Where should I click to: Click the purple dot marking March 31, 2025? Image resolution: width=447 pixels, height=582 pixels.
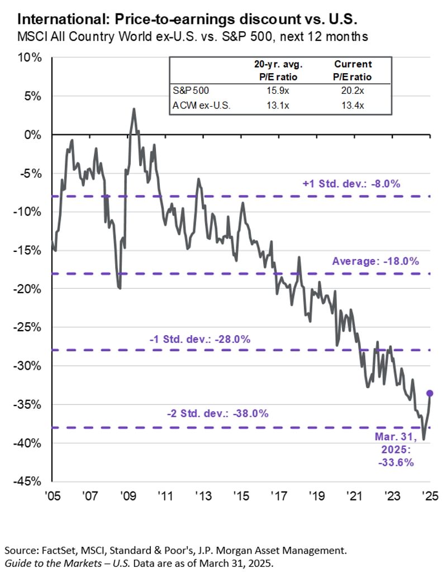430,393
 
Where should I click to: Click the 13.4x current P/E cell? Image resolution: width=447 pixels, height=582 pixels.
353,104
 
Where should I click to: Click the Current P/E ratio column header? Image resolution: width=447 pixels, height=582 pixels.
353,70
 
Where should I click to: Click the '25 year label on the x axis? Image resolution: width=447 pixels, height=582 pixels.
429,497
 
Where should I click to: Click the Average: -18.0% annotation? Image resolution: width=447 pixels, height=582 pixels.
375,261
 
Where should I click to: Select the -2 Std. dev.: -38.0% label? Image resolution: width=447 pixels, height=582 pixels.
218,414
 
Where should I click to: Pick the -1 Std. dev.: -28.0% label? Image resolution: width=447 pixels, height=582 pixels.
199,338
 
